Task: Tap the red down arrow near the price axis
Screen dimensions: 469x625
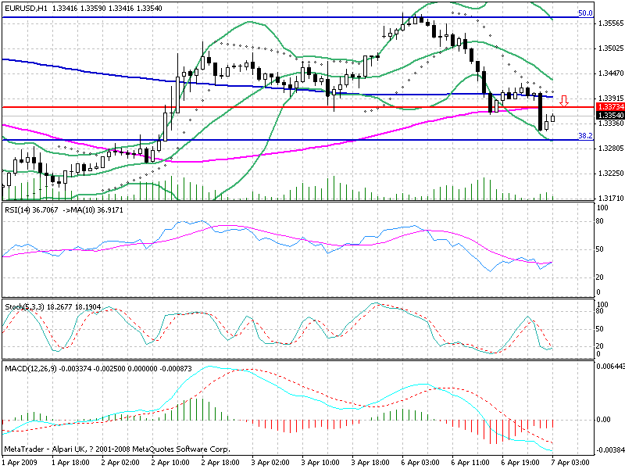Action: point(564,100)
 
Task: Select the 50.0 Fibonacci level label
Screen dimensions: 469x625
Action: point(584,13)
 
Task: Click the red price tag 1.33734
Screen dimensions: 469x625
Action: point(609,106)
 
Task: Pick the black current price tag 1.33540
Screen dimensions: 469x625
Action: point(609,115)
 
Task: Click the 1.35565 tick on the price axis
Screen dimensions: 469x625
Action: point(609,23)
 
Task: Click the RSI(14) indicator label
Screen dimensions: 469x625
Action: point(20,210)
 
